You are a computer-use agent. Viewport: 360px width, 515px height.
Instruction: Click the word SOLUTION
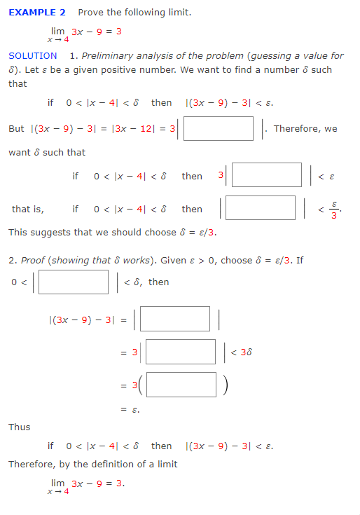click(33, 55)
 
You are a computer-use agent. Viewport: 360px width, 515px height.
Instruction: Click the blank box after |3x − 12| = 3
click(219, 129)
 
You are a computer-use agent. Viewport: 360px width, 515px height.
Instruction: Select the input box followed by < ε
click(267, 175)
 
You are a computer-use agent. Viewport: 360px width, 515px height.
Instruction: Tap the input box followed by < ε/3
click(261, 207)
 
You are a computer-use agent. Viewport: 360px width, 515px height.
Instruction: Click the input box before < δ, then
click(73, 282)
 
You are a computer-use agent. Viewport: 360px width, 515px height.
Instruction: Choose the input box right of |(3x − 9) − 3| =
click(176, 319)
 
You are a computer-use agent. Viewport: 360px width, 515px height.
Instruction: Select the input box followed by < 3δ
click(180, 352)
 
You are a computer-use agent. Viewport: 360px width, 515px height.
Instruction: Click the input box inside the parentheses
click(181, 384)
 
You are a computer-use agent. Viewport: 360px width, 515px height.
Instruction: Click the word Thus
click(19, 427)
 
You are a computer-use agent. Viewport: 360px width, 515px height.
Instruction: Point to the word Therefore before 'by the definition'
click(34, 464)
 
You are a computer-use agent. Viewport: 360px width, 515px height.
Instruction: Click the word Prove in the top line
click(92, 13)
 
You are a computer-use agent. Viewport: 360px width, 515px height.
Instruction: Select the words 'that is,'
click(27, 209)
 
